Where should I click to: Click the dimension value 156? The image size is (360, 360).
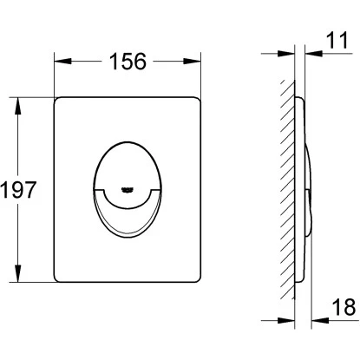[128, 62]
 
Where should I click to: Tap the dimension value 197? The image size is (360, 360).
[18, 190]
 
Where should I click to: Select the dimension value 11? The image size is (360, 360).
[337, 41]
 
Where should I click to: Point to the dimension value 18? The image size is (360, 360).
[344, 307]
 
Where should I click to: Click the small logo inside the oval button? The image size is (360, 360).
[128, 190]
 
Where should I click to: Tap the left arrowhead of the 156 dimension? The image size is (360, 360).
[62, 61]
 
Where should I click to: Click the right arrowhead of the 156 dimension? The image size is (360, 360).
[192, 61]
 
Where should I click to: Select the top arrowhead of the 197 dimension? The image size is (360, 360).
[18, 106]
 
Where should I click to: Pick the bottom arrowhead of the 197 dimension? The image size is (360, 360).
[18, 273]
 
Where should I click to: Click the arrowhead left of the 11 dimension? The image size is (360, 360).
[286, 54]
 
